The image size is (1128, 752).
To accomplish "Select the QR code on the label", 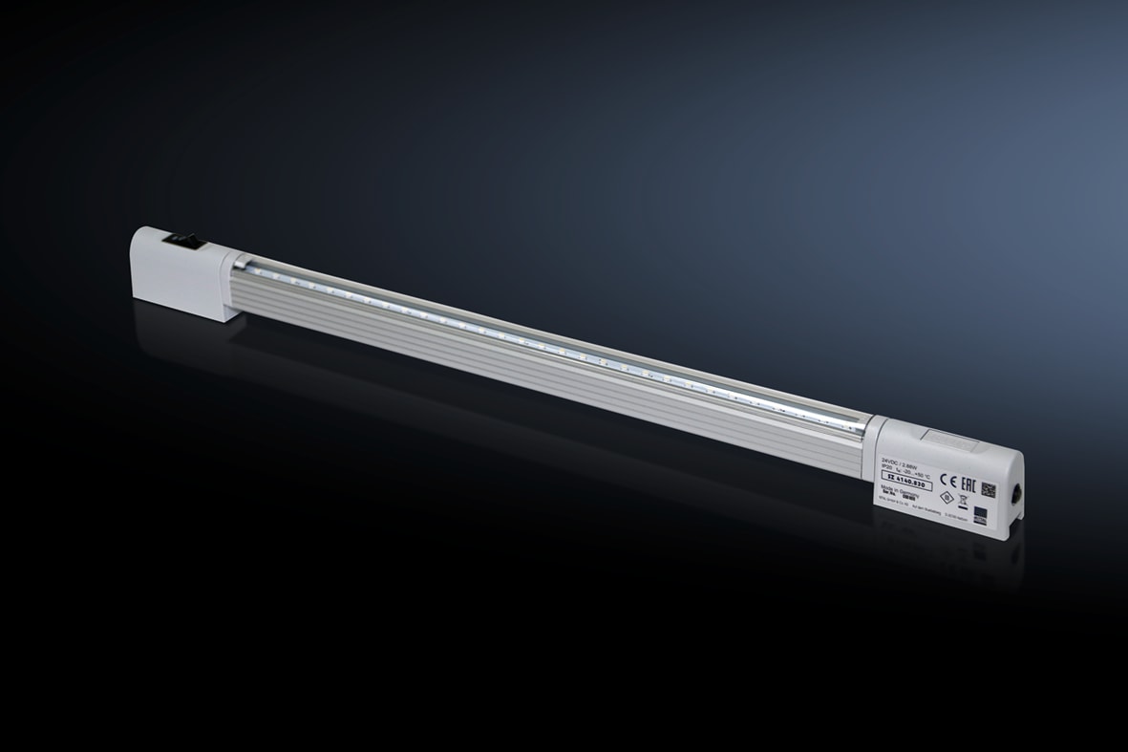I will pyautogui.click(x=989, y=489).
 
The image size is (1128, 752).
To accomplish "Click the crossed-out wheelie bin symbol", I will pyautogui.click(x=963, y=501).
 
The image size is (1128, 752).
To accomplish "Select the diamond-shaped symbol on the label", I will pyautogui.click(x=947, y=497).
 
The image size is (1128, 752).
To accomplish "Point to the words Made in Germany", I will pyautogui.click(x=900, y=487).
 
